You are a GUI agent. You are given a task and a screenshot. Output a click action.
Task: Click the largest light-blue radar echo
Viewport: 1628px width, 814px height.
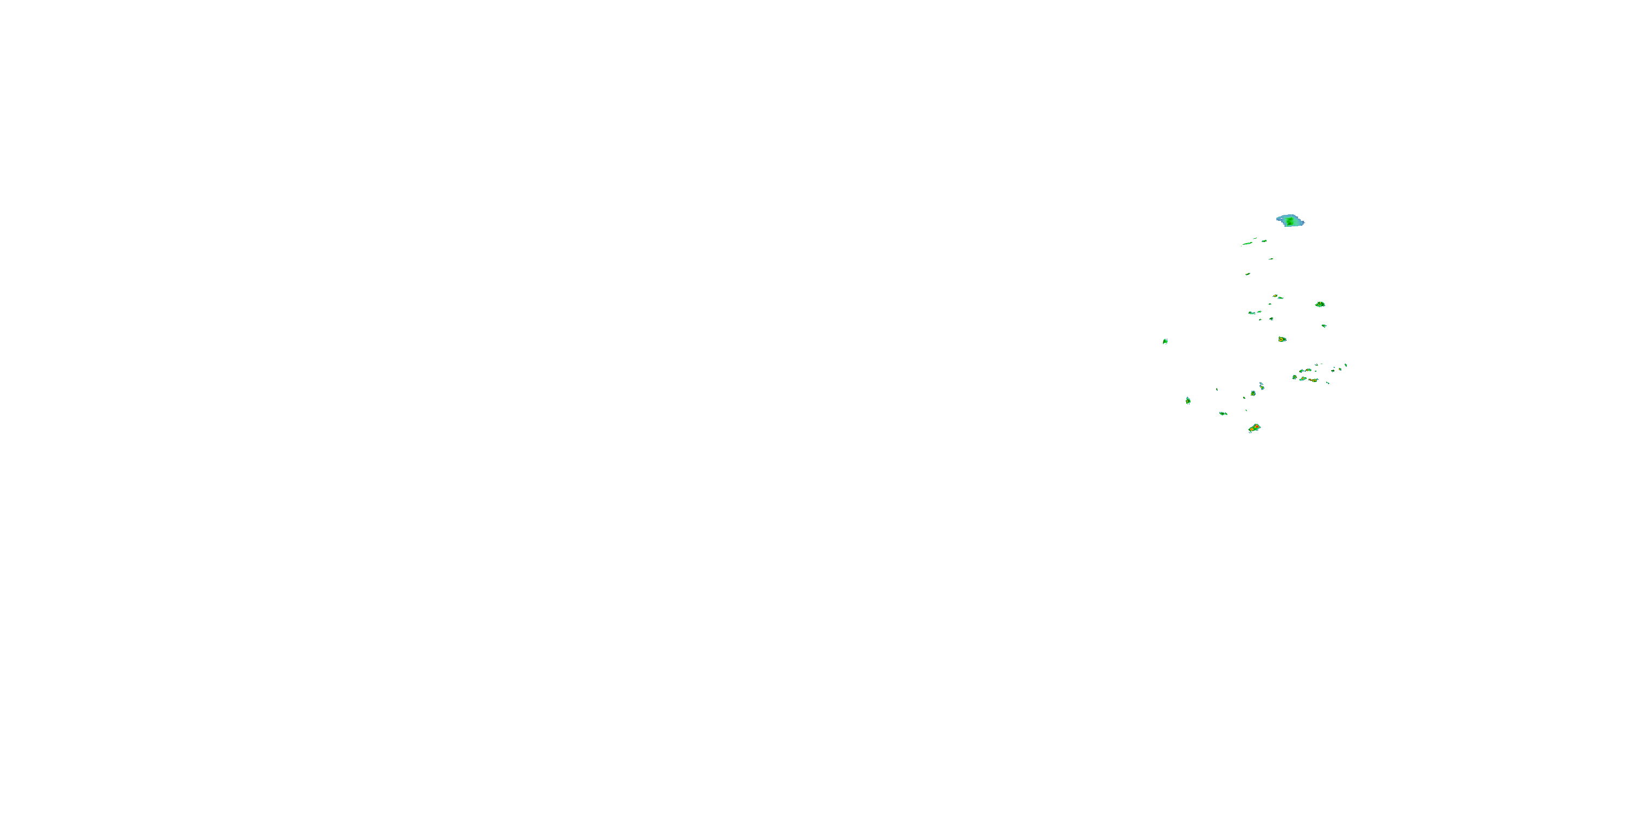click(x=1290, y=220)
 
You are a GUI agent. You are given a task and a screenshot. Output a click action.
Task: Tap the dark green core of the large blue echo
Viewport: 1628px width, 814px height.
click(x=1289, y=222)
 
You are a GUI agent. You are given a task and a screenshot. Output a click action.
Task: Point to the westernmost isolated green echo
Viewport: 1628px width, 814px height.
click(x=1165, y=341)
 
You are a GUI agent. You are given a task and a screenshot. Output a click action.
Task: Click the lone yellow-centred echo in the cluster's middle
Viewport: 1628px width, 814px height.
click(x=1282, y=339)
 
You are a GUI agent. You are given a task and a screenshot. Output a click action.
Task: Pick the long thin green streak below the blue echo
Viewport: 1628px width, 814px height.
click(x=1248, y=243)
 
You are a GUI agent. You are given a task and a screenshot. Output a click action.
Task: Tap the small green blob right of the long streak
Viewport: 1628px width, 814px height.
click(x=1264, y=240)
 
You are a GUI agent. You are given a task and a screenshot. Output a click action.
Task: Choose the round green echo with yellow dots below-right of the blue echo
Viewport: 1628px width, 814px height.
click(x=1320, y=304)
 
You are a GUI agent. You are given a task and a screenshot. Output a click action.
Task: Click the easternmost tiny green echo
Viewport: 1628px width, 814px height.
click(x=1345, y=365)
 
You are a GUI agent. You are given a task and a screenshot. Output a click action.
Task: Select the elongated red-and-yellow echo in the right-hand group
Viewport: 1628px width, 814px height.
click(x=1313, y=380)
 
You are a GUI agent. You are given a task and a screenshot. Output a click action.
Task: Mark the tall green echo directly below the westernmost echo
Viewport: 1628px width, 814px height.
click(x=1188, y=400)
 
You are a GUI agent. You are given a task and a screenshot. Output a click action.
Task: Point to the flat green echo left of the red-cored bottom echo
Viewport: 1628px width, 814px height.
click(x=1223, y=414)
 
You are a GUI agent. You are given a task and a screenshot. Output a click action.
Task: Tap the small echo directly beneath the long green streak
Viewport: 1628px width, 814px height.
click(x=1248, y=274)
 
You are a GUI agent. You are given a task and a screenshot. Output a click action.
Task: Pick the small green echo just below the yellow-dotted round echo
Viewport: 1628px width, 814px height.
click(x=1324, y=326)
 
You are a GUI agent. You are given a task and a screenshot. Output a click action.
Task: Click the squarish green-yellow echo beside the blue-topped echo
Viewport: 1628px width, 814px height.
click(x=1252, y=393)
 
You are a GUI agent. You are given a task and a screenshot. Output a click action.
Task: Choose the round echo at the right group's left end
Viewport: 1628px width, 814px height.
click(x=1294, y=377)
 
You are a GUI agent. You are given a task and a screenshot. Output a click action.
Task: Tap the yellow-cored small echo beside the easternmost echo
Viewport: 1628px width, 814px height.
click(x=1340, y=368)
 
